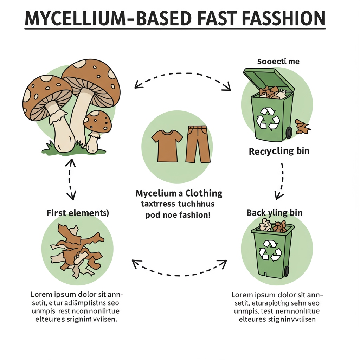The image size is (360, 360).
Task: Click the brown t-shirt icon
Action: coord(167,144)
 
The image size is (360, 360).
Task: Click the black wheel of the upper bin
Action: coord(289,132)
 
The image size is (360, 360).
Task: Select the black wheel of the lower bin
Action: coord(287,271)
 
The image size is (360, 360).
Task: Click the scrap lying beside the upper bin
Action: coord(302,127)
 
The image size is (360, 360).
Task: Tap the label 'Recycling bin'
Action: coord(279,152)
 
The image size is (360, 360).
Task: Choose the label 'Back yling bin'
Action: coord(275,212)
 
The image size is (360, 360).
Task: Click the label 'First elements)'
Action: coord(77,213)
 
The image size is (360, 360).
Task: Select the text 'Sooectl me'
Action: coord(278,62)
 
